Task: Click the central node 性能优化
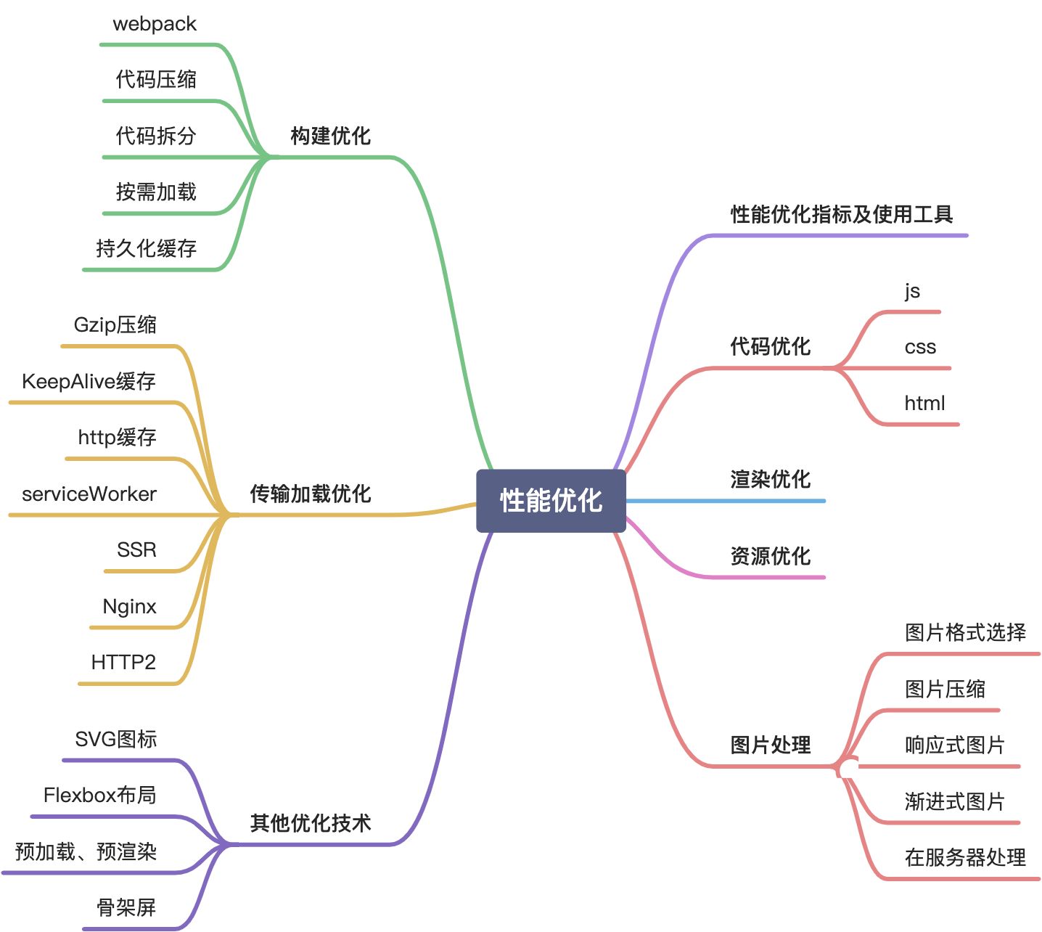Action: click(551, 500)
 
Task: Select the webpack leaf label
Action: click(155, 24)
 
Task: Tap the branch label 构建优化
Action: click(330, 136)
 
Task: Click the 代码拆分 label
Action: click(156, 136)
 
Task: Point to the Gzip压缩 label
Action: click(115, 324)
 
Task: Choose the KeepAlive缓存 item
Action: click(89, 381)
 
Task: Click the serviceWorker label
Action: click(89, 494)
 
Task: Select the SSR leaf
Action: click(136, 549)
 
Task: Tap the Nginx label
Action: click(129, 606)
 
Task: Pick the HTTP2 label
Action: click(123, 662)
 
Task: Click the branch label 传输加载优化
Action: click(311, 494)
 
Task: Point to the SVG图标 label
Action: click(116, 739)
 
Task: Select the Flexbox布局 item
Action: click(100, 795)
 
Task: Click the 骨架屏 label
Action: click(126, 907)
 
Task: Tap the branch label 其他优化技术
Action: click(311, 823)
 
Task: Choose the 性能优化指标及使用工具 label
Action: click(842, 214)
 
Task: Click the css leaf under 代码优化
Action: click(920, 347)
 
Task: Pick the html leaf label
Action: click(924, 404)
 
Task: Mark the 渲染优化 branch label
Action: click(770, 479)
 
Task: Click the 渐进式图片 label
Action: click(954, 801)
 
